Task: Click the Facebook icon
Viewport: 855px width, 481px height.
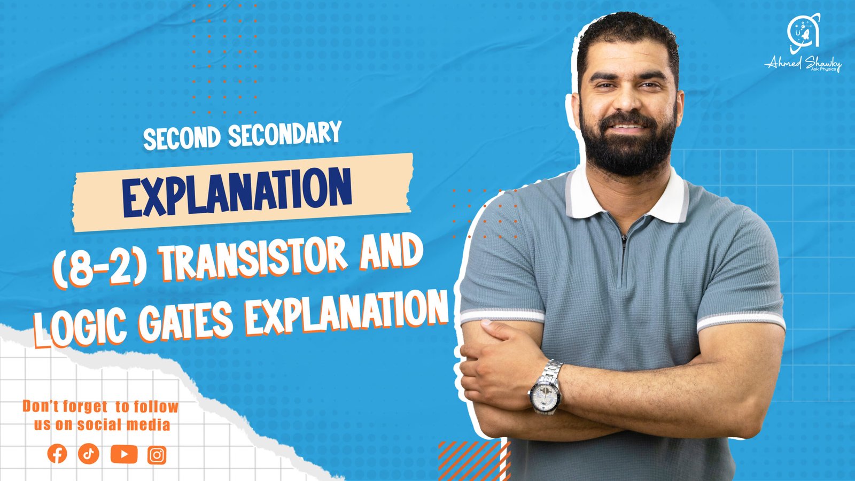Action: coord(57,454)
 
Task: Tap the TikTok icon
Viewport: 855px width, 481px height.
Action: coord(89,454)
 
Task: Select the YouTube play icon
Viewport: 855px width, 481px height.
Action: coord(124,454)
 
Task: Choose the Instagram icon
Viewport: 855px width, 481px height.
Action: coord(157,455)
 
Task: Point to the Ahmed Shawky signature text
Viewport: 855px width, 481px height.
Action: coord(803,64)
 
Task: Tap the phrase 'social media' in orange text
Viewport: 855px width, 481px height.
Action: coord(124,425)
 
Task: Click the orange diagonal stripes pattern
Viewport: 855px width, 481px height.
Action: coord(473,460)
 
